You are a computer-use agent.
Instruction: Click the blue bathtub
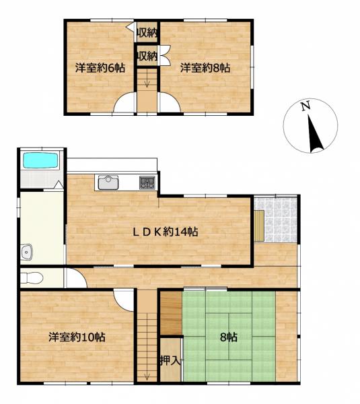40,160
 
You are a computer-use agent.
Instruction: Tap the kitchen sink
108,182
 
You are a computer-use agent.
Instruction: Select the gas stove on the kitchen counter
147,182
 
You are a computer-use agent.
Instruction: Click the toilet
32,277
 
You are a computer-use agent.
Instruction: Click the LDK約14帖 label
166,232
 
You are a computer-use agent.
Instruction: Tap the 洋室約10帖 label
77,337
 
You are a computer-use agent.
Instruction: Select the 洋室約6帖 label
100,68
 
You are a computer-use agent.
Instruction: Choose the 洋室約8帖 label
205,68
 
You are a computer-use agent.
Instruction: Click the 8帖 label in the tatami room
229,337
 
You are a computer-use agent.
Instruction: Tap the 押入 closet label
170,360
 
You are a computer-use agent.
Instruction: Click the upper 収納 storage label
147,32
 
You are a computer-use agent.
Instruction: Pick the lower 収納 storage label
147,56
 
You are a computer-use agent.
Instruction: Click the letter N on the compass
305,106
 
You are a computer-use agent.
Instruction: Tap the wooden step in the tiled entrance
259,226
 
